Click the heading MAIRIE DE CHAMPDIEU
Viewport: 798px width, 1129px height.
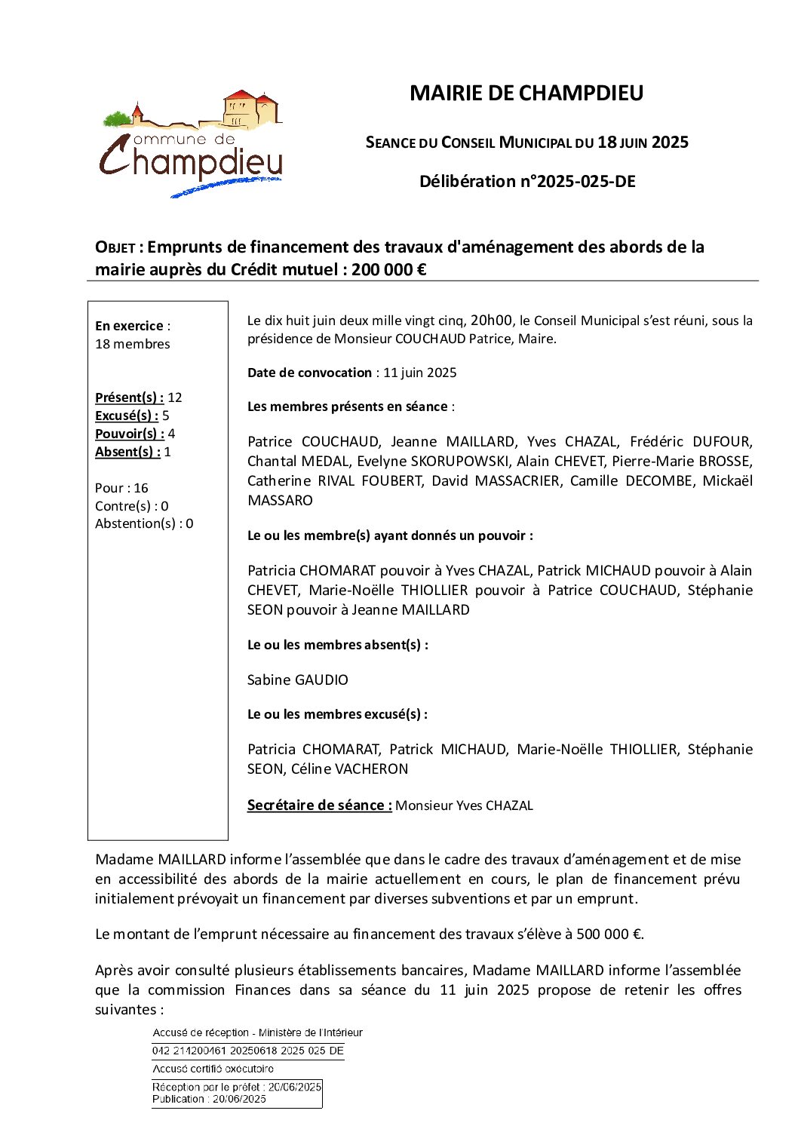click(526, 93)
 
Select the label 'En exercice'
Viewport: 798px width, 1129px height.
click(129, 326)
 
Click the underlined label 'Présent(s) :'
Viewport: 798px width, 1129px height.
click(129, 397)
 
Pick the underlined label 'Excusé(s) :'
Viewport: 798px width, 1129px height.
click(127, 416)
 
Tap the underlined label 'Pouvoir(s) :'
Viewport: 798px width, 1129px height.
click(130, 434)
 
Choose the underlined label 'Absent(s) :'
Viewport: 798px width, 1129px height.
click(127, 452)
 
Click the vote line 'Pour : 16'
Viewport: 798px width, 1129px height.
click(121, 488)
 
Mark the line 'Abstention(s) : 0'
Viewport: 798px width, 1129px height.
click(144, 523)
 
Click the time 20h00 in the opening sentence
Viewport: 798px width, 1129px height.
click(491, 320)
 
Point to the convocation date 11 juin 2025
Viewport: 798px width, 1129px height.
click(419, 373)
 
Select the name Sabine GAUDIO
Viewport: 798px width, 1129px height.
click(298, 680)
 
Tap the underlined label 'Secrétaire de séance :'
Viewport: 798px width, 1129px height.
click(319, 805)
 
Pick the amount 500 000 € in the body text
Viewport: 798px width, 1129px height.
click(609, 934)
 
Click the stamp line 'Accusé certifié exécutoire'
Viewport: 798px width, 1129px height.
click(213, 1069)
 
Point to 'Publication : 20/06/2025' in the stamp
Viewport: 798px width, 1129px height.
click(209, 1099)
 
